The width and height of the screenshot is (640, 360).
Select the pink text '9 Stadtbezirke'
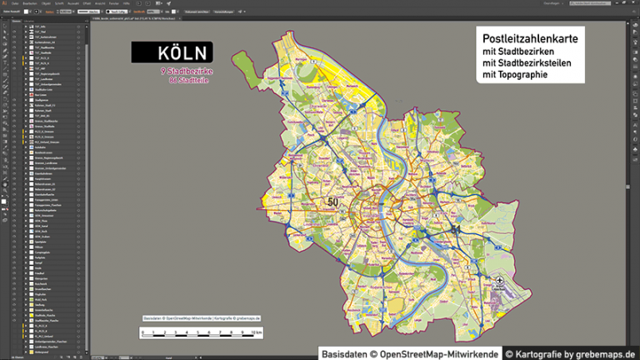tap(187, 72)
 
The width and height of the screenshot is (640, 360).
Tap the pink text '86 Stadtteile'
tap(189, 81)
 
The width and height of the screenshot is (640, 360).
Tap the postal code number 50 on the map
tap(333, 202)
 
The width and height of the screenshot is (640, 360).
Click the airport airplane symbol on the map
tap(499, 282)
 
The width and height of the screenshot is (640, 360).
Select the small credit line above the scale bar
tap(201, 318)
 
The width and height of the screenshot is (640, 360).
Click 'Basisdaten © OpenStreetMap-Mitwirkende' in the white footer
tap(410, 353)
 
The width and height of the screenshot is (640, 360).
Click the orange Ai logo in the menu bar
tap(5, 3)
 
